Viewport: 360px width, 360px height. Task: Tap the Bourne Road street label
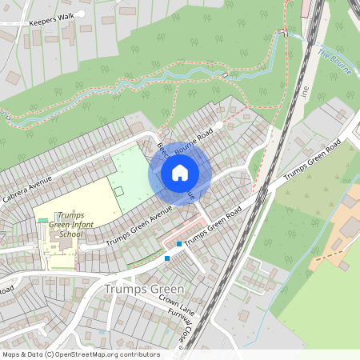click(x=196, y=138)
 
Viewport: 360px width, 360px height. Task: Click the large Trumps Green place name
click(x=144, y=289)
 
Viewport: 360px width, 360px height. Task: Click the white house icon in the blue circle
click(x=180, y=173)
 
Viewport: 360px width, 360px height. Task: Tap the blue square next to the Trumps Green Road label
click(x=178, y=243)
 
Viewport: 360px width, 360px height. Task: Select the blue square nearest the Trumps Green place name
click(x=166, y=258)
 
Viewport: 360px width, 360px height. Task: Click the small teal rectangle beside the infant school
click(x=42, y=220)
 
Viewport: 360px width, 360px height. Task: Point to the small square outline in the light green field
click(x=118, y=192)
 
